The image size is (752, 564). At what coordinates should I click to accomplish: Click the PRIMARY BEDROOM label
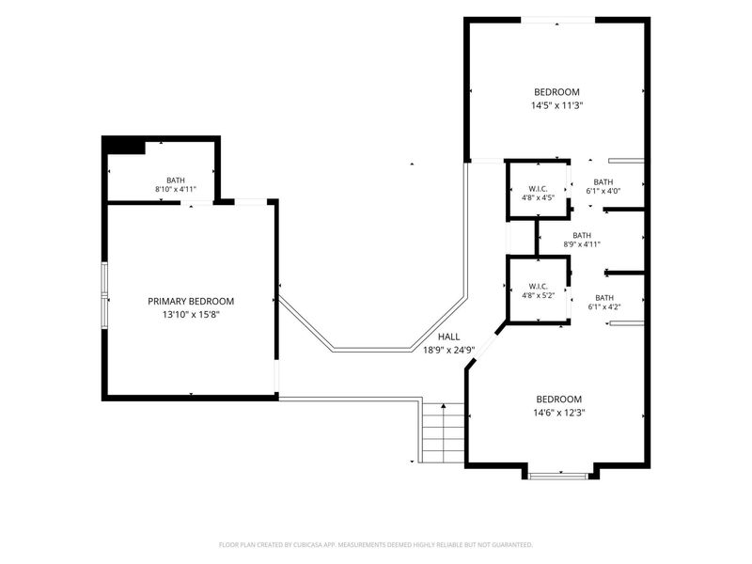(x=191, y=301)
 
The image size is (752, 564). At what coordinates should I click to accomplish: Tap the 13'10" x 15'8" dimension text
(x=191, y=315)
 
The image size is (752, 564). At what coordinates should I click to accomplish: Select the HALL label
(x=448, y=337)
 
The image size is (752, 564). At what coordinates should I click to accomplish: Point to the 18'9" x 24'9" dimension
(x=448, y=350)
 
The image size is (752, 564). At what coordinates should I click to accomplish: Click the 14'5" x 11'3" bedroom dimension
(x=556, y=105)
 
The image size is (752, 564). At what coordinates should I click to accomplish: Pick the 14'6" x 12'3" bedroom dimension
(x=558, y=413)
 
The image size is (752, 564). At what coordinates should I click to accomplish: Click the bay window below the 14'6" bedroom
(x=558, y=477)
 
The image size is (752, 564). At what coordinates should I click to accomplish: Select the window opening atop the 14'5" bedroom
(x=557, y=20)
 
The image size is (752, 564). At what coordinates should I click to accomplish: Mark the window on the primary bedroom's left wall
(x=104, y=295)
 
